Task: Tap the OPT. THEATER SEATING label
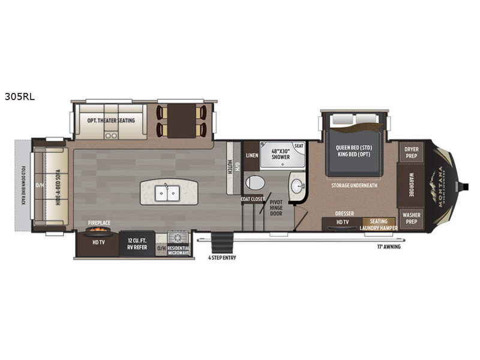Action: click(111, 120)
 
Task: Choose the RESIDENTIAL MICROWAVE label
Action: click(178, 248)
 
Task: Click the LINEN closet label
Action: click(252, 155)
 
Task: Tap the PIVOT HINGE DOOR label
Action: click(277, 208)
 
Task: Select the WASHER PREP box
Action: click(411, 218)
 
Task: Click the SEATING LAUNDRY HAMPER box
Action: click(378, 224)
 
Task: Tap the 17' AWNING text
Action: click(388, 247)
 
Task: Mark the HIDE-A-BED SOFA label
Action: click(59, 185)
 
